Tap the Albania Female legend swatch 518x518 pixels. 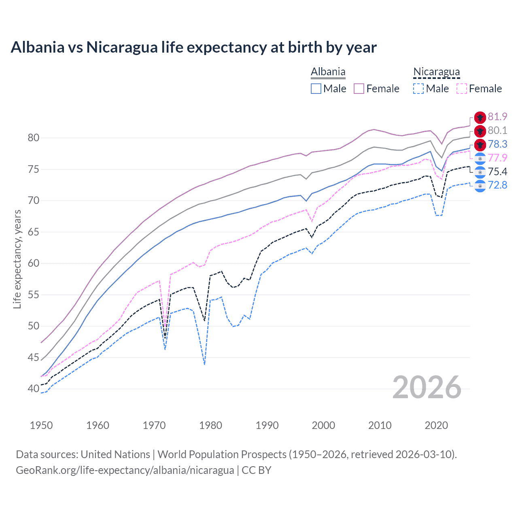(x=359, y=89)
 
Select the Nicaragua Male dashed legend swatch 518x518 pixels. (x=418, y=89)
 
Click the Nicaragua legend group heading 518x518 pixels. (x=436, y=72)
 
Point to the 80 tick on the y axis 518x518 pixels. (x=34, y=138)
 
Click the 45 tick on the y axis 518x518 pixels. (x=34, y=357)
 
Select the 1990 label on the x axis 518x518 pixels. (x=267, y=425)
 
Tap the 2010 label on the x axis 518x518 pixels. (x=380, y=425)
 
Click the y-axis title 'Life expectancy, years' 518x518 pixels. (x=17, y=259)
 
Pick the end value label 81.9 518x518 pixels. (x=497, y=117)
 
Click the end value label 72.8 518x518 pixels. (x=497, y=185)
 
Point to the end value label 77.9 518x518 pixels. (x=497, y=158)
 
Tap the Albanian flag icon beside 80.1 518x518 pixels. (x=480, y=131)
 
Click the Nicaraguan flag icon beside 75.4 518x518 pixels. (x=480, y=172)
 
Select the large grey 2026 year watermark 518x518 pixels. (x=427, y=388)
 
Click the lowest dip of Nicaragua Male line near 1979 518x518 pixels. (x=205, y=364)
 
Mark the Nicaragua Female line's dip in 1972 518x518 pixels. (x=165, y=324)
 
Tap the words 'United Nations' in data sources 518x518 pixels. (x=115, y=454)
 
